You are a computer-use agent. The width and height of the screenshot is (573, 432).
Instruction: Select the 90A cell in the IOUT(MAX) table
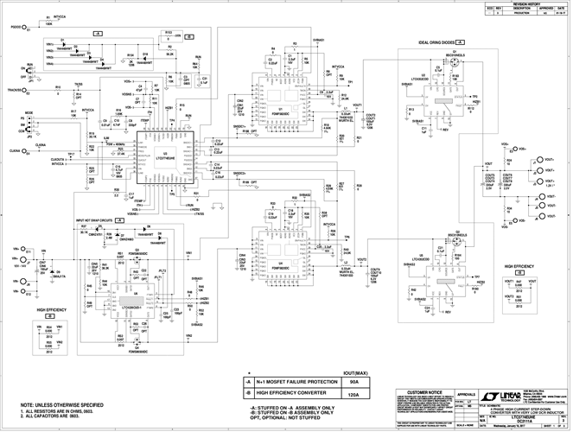[353, 380]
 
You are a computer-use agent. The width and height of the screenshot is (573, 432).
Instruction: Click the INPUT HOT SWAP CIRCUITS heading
[95, 223]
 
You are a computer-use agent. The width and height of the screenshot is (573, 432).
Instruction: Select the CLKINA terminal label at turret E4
[15, 150]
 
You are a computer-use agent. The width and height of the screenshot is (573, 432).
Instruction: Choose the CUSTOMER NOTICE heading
[426, 392]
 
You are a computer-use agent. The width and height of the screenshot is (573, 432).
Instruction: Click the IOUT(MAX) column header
[352, 372]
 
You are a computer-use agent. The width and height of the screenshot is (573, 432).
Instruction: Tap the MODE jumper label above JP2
[29, 112]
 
